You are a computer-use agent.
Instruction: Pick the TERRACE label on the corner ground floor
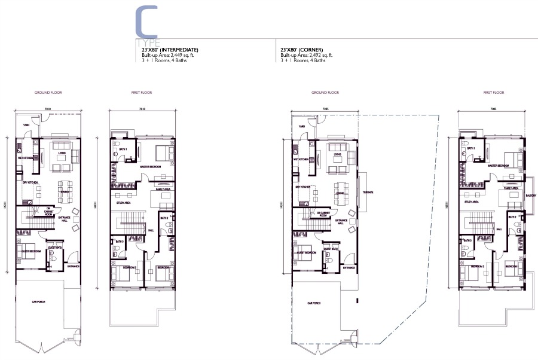tap(367, 193)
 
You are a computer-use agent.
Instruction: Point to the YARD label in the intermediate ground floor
tap(26, 125)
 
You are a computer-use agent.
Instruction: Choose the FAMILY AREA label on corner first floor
tap(511, 188)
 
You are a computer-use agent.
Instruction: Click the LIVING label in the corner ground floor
tap(337, 154)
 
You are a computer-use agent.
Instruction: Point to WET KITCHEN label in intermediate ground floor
tap(25, 159)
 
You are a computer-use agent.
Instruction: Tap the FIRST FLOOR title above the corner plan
tap(494, 93)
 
